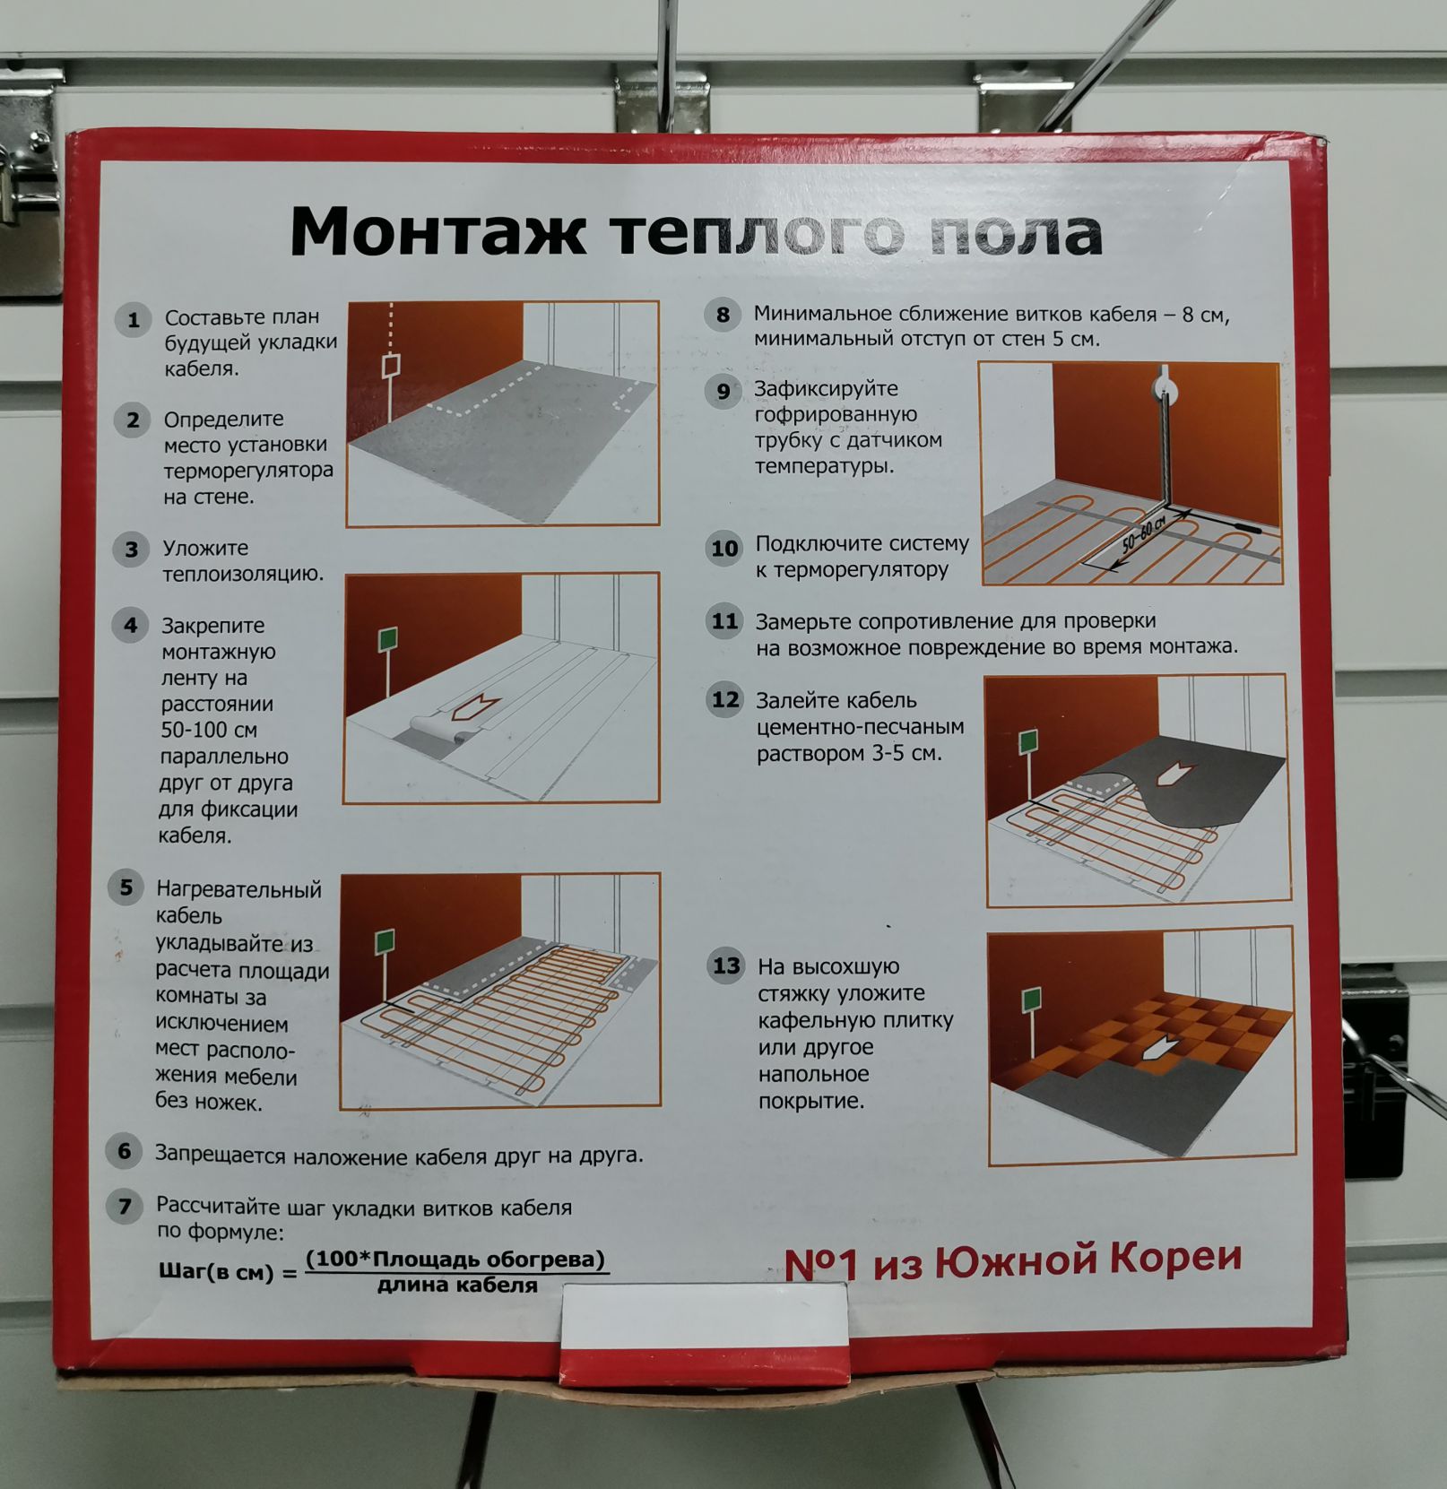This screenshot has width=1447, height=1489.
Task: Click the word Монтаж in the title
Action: pyautogui.click(x=438, y=231)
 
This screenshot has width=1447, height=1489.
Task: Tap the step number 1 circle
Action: pyautogui.click(x=133, y=320)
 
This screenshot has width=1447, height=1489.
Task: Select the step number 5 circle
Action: pyautogui.click(x=126, y=887)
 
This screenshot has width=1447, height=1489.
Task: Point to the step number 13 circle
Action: pyautogui.click(x=726, y=965)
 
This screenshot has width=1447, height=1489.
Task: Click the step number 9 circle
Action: pyautogui.click(x=723, y=391)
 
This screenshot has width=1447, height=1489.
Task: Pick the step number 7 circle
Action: pyautogui.click(x=124, y=1207)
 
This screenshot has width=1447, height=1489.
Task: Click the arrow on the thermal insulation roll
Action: pyautogui.click(x=476, y=706)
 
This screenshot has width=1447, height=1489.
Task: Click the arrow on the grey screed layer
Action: pyautogui.click(x=1174, y=772)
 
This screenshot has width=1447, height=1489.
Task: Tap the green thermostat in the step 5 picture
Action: pyautogui.click(x=385, y=941)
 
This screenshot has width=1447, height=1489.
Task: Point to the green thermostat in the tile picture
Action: pyautogui.click(x=1032, y=1000)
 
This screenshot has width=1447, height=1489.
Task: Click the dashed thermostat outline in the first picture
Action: pyautogui.click(x=391, y=366)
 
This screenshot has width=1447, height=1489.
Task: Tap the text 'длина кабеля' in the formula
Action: pyautogui.click(x=457, y=1286)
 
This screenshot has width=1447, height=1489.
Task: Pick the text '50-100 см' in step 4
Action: pyautogui.click(x=212, y=730)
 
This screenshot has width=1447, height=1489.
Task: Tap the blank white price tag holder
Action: pyautogui.click(x=704, y=1314)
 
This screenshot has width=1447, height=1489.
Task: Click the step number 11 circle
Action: pyautogui.click(x=724, y=621)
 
